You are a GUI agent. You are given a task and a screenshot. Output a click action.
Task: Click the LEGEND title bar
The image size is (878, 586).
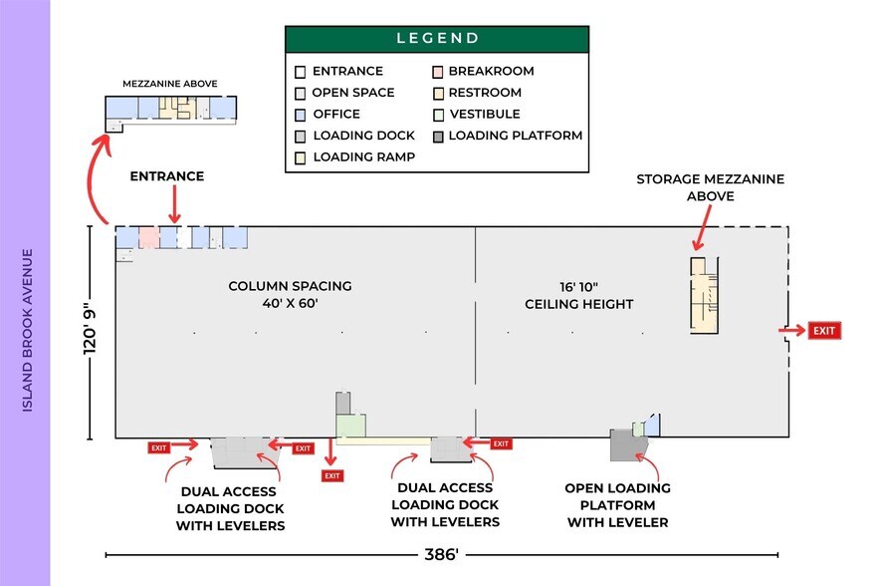pyautogui.click(x=438, y=39)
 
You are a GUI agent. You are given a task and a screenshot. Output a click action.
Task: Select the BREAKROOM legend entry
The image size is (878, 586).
pyautogui.click(x=491, y=72)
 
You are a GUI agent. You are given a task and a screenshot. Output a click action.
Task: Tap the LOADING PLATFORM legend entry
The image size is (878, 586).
pyautogui.click(x=515, y=136)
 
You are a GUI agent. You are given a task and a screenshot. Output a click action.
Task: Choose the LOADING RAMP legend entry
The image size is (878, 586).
pyautogui.click(x=363, y=157)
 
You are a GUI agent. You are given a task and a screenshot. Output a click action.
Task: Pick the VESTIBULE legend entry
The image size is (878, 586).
pyautogui.click(x=484, y=115)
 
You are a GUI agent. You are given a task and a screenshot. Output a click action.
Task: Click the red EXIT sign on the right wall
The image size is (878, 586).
pyautogui.click(x=825, y=331)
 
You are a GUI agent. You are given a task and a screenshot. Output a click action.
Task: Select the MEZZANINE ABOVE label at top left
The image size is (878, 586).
pyautogui.click(x=170, y=85)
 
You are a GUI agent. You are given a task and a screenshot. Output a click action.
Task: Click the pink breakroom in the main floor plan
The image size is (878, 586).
pyautogui.click(x=148, y=237)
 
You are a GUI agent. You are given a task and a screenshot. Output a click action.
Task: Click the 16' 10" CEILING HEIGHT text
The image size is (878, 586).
pyautogui.click(x=578, y=295)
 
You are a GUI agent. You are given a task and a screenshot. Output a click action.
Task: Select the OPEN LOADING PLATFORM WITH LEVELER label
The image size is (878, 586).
pyautogui.click(x=617, y=505)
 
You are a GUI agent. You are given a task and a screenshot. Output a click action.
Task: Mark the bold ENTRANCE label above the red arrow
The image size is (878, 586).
pyautogui.click(x=167, y=176)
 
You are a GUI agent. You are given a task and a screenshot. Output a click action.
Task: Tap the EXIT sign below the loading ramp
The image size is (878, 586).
pyautogui.click(x=331, y=476)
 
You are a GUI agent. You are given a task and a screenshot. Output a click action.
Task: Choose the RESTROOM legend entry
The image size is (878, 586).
pyautogui.click(x=484, y=93)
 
